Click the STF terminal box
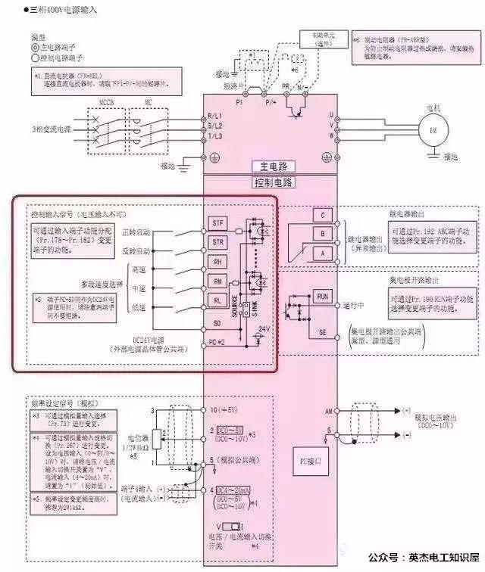tap(217, 223)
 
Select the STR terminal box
tap(217, 242)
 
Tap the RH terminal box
tap(217, 262)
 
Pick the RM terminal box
tap(217, 281)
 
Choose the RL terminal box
tap(217, 300)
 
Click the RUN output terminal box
tap(323, 296)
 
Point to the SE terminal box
tap(323, 333)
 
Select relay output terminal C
tap(323, 216)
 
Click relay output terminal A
tap(323, 252)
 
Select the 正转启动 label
tap(136, 231)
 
